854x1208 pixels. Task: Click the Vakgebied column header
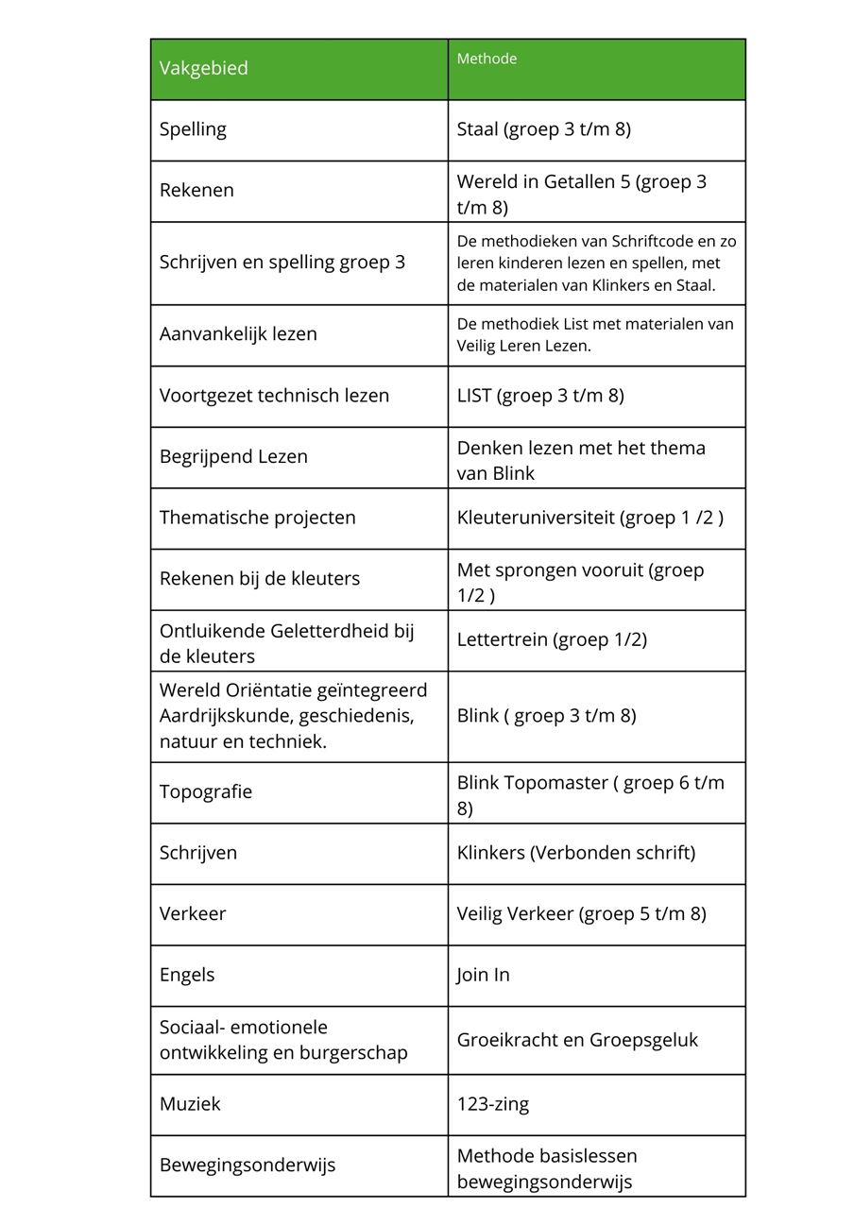[x=204, y=68]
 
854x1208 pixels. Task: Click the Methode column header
[x=487, y=59]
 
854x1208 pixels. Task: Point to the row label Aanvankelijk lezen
[x=238, y=333]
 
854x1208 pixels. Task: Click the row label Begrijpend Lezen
[x=233, y=456]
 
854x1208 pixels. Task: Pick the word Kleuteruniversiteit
[x=536, y=518]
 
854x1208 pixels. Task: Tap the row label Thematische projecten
[x=257, y=518]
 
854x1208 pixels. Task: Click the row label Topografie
[x=206, y=791]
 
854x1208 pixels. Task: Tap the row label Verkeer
[x=193, y=913]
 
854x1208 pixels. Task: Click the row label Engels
[x=187, y=975]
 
